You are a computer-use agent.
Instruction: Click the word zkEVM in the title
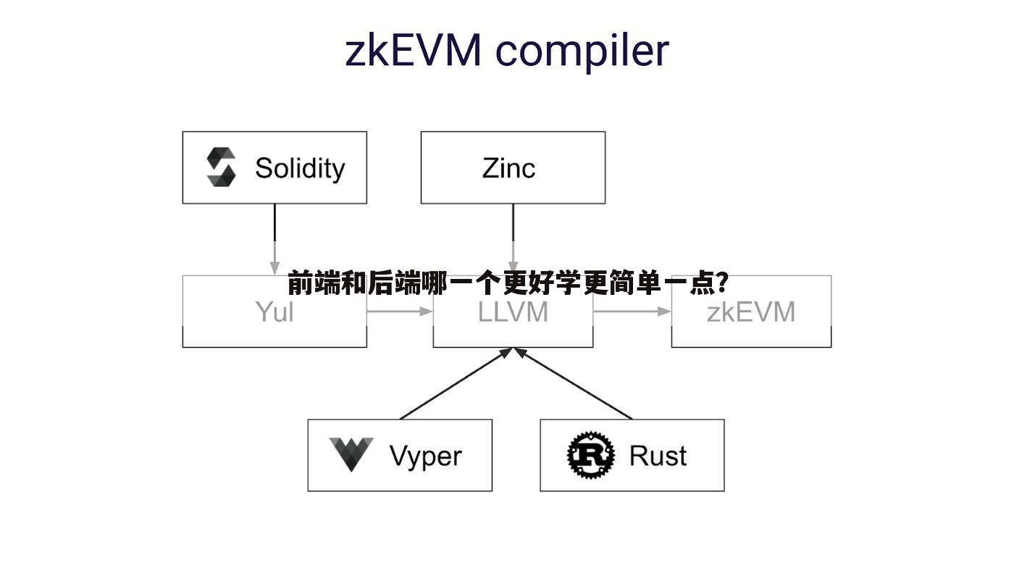coord(412,51)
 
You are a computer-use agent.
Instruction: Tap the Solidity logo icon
coord(221,167)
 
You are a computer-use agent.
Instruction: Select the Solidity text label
coord(300,168)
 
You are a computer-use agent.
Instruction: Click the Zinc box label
coord(508,168)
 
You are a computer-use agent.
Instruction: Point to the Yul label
coord(275,312)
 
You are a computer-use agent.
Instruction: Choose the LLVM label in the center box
coord(513,312)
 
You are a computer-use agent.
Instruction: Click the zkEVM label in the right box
coord(751,312)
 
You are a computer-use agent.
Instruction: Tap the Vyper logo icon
coord(351,454)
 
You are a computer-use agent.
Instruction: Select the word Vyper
coord(425,456)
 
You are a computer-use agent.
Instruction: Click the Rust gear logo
coord(590,455)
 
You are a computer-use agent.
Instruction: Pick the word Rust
coord(658,456)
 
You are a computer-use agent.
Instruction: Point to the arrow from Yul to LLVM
coord(399,312)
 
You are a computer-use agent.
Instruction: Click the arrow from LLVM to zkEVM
coord(632,312)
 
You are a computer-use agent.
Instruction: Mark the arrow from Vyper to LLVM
coord(456,384)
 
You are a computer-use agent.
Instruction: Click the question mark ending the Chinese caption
coord(721,283)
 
